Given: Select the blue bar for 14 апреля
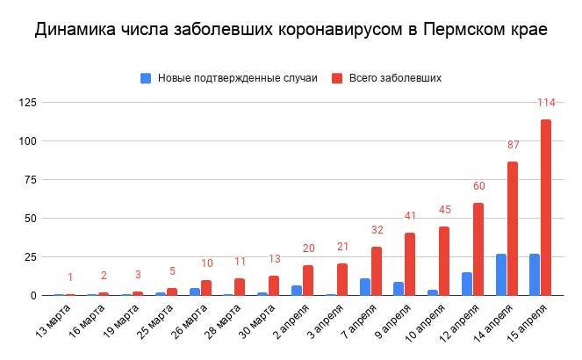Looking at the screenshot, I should [501, 275].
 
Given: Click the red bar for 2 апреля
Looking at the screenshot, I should [308, 280].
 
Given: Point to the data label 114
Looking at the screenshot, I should [546, 103].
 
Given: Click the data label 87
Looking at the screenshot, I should [513, 145].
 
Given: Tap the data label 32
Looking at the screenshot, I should [377, 230].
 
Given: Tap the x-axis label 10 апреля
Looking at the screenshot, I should [425, 325].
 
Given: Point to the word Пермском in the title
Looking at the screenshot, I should [463, 30].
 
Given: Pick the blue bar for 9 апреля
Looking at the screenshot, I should [399, 289].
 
